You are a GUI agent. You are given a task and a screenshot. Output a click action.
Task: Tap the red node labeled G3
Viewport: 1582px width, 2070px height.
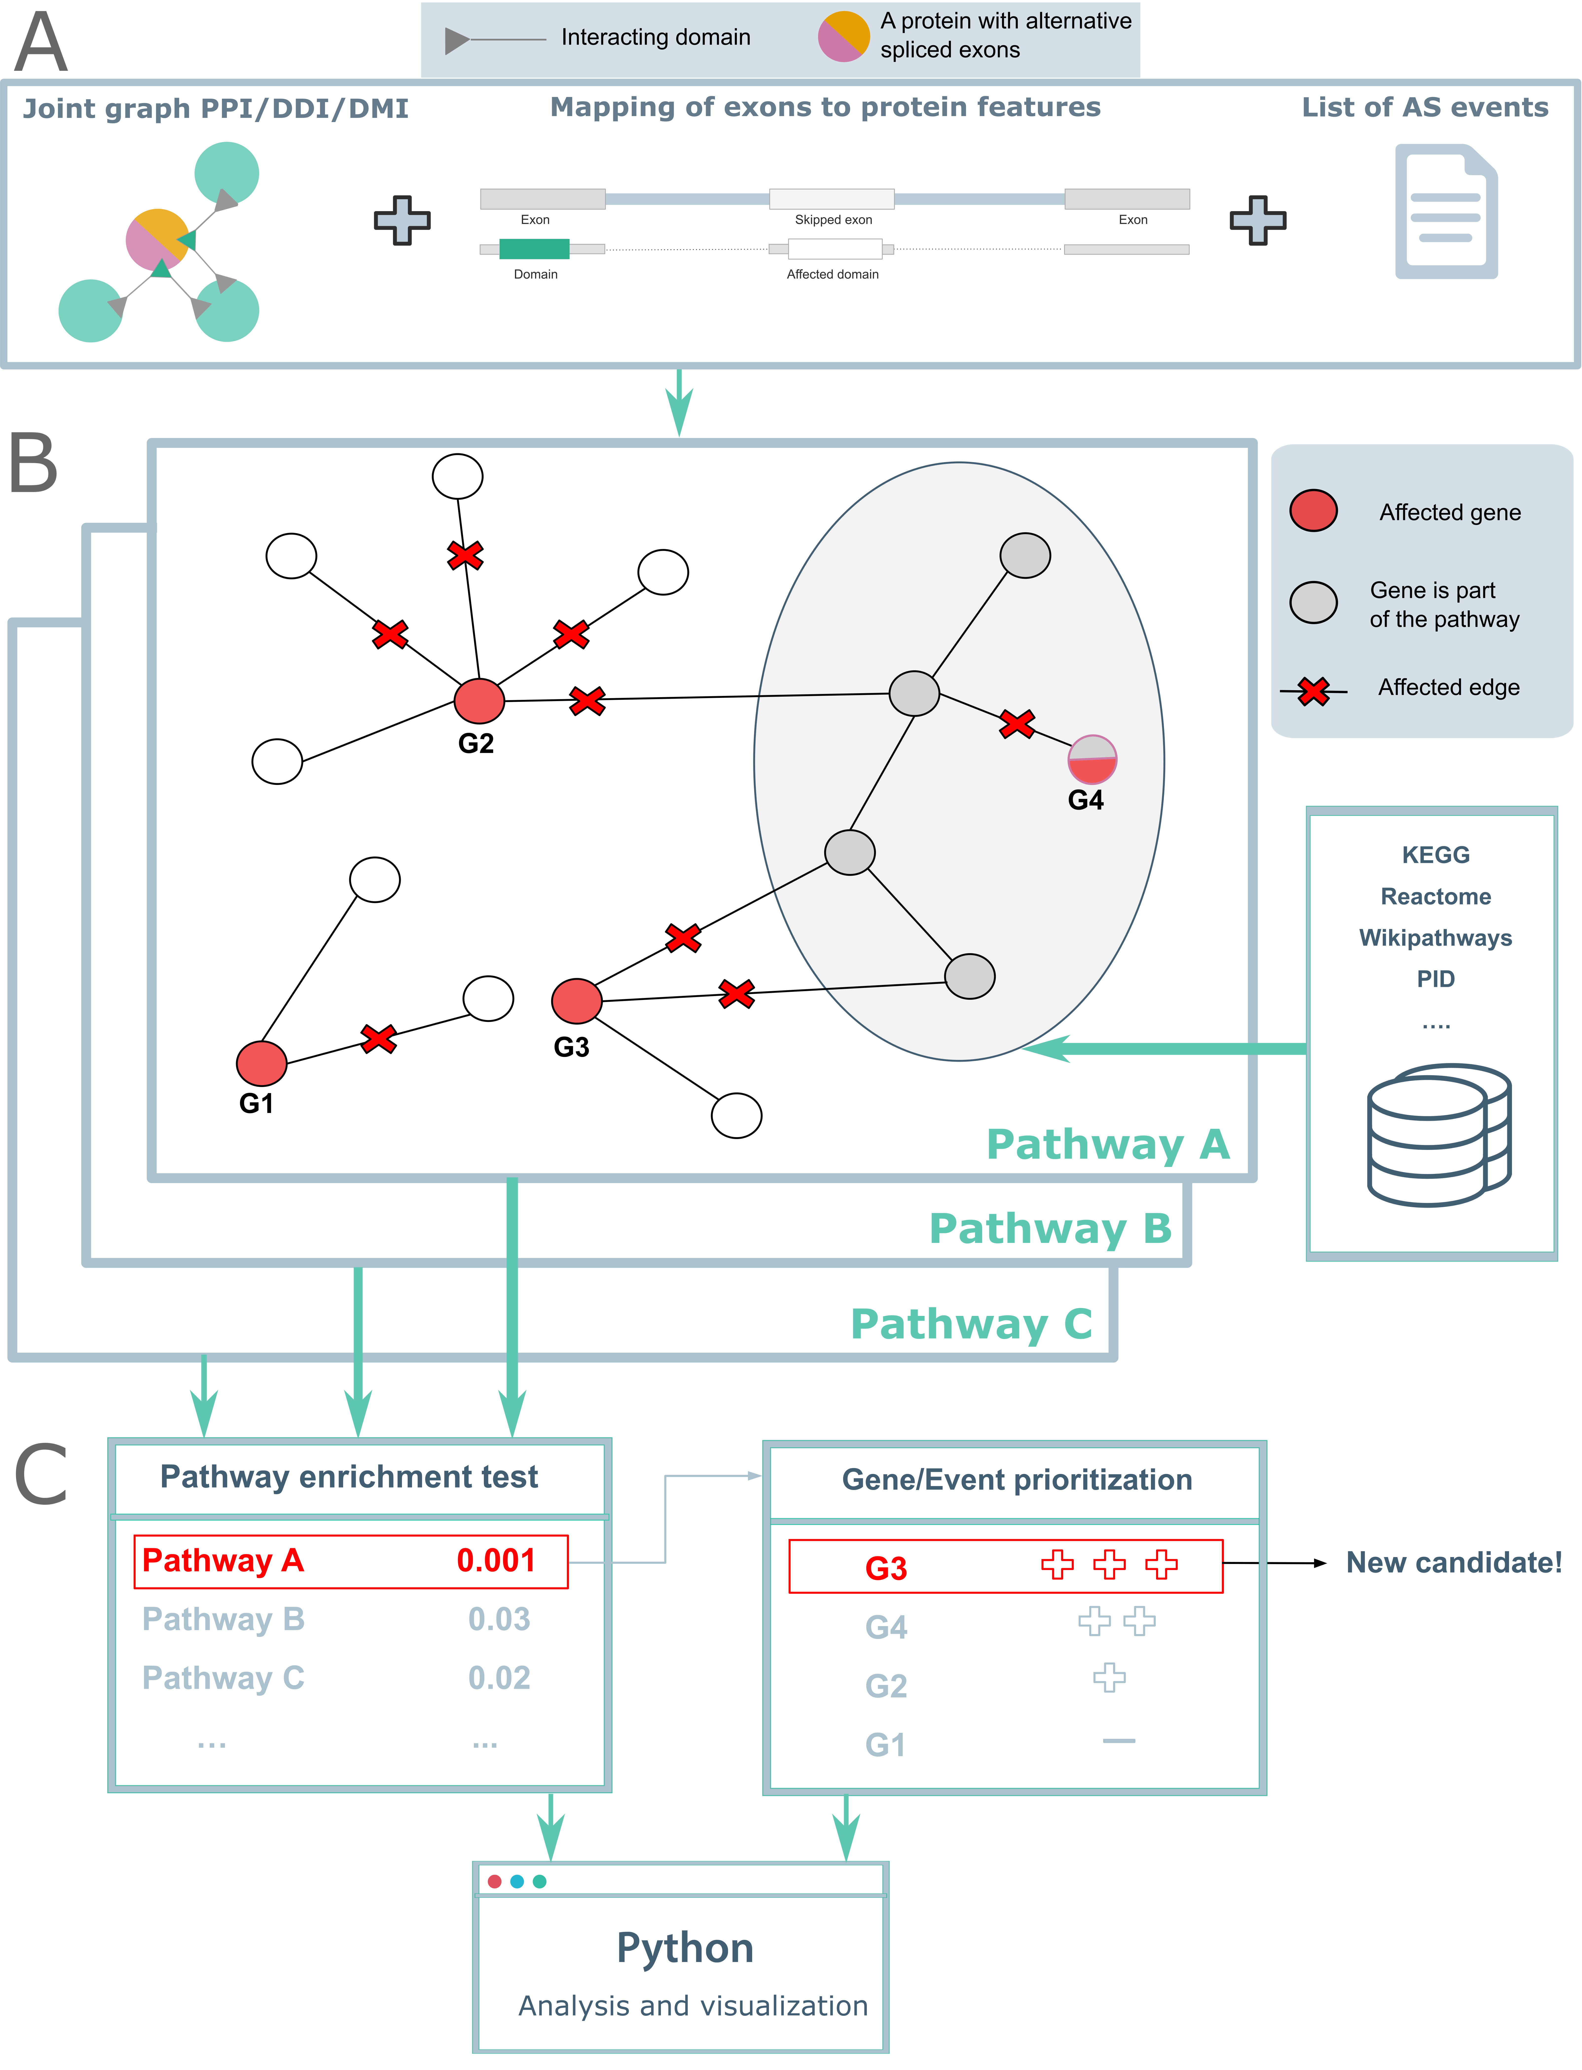click(x=576, y=1000)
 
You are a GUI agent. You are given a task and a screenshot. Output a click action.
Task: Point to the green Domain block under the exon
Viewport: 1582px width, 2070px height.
click(x=534, y=249)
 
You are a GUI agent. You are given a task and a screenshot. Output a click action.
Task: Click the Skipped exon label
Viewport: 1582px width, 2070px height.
click(x=833, y=219)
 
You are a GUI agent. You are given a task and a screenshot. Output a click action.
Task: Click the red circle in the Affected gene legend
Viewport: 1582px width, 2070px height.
click(x=1313, y=510)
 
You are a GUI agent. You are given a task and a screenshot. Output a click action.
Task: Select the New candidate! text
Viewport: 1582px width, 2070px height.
click(x=1453, y=1562)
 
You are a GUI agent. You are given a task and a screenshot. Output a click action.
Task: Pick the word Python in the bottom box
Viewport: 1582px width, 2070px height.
click(x=685, y=1948)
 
